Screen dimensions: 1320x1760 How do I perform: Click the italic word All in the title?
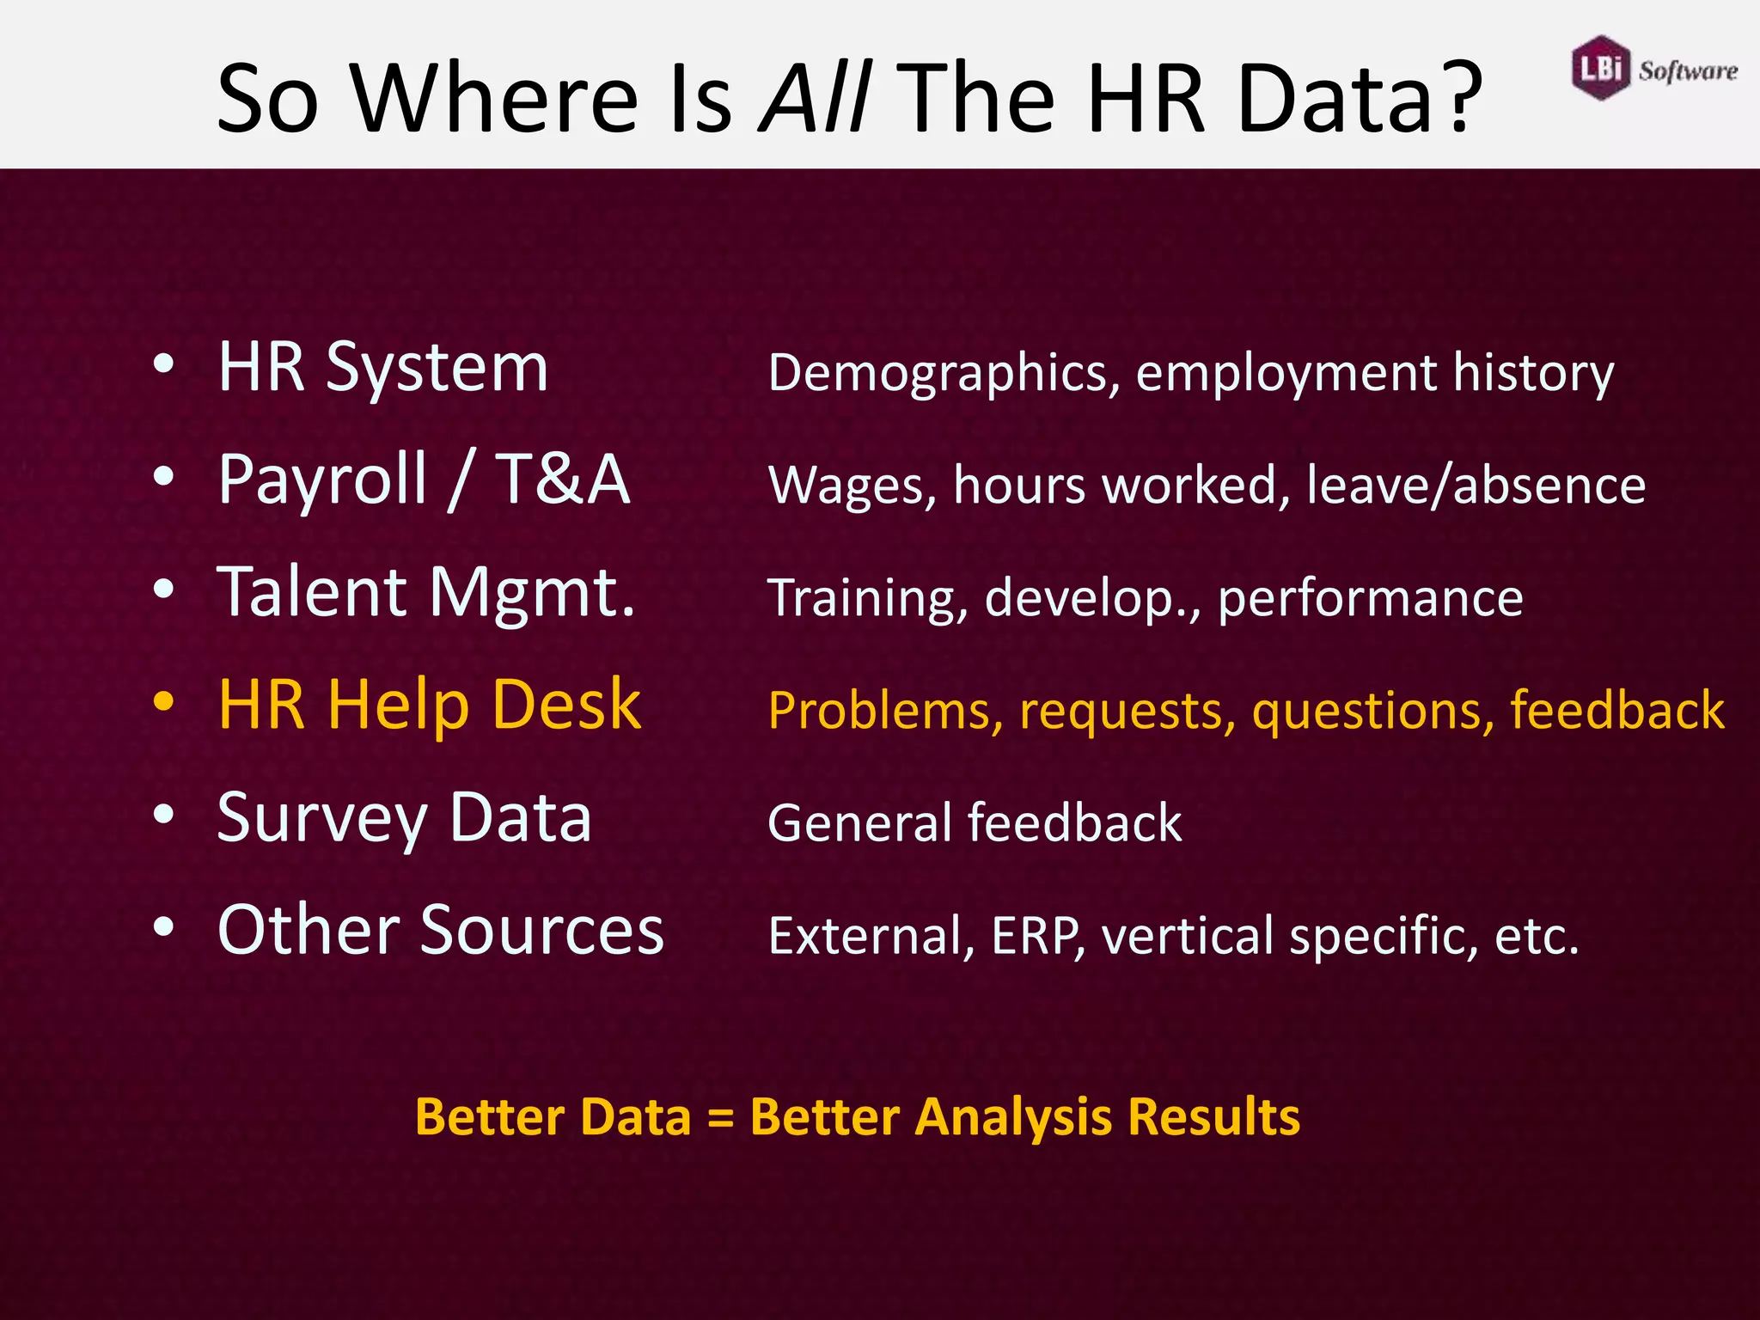[x=816, y=96]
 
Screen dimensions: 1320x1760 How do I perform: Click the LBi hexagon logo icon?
[x=1601, y=68]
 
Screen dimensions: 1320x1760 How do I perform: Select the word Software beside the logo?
[x=1688, y=70]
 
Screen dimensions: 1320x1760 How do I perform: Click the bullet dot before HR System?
[x=163, y=364]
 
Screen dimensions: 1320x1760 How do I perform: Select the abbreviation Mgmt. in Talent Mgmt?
[x=532, y=594]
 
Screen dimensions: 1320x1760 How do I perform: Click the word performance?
[x=1370, y=598]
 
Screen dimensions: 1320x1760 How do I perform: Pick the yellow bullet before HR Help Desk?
[x=163, y=702]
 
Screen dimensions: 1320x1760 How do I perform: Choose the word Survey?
[x=322, y=819]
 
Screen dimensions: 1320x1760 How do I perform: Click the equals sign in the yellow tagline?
[x=720, y=1118]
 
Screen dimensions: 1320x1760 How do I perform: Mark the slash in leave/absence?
[x=1442, y=486]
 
